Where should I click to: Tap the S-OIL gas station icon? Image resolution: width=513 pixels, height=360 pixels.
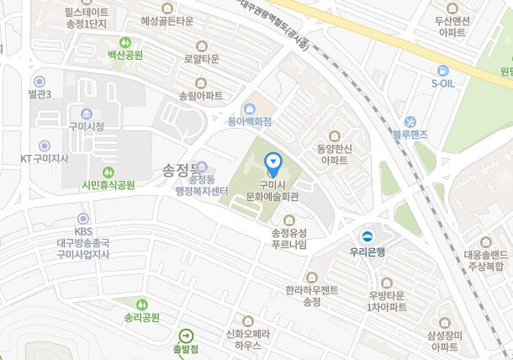443,71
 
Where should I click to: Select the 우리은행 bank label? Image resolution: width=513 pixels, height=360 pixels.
367,250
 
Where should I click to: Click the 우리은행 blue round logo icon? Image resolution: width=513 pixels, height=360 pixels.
367,236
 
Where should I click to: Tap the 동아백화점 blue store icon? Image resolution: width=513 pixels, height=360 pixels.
250,108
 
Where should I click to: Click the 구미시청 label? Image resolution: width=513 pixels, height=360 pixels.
87,127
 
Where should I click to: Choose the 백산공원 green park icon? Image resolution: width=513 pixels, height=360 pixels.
125,41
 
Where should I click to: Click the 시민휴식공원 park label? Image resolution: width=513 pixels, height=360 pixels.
108,185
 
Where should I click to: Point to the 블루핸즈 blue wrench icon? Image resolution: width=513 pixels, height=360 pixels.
411,121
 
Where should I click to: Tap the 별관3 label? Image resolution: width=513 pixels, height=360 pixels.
40,93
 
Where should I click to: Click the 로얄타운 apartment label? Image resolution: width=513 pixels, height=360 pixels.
201,59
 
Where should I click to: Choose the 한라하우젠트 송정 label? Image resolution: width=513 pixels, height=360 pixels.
311,295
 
